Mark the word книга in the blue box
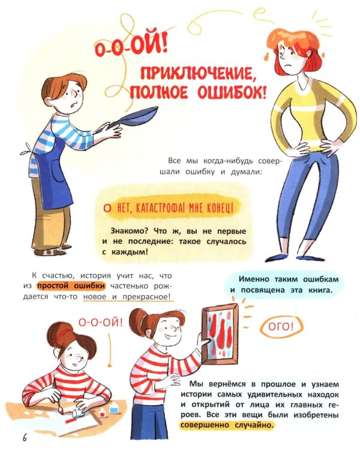(316, 291)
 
